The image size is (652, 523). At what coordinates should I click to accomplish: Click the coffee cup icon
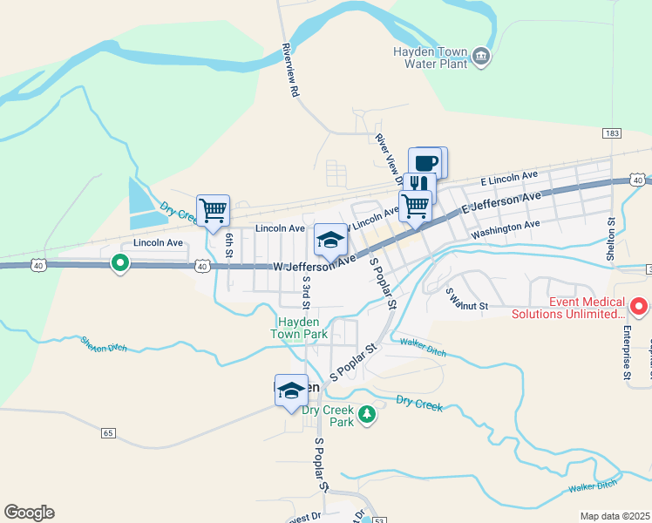[427, 162]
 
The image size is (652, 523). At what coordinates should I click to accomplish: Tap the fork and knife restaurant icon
[419, 185]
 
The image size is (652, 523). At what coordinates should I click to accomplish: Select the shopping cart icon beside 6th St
[213, 210]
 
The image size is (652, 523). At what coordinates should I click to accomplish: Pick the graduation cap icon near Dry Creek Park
[291, 390]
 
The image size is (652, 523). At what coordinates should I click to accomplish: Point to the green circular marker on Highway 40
[120, 261]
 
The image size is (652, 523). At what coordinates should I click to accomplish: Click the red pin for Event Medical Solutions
[639, 306]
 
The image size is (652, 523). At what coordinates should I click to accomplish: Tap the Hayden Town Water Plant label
[432, 58]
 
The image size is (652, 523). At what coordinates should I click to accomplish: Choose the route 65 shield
[108, 432]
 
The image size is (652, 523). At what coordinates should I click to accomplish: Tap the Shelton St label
[611, 239]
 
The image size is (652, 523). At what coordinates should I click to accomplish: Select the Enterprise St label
[627, 352]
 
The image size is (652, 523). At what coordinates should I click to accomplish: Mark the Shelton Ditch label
[104, 344]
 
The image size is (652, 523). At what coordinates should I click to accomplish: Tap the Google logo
[29, 513]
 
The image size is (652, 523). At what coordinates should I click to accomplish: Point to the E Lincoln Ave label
[510, 178]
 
